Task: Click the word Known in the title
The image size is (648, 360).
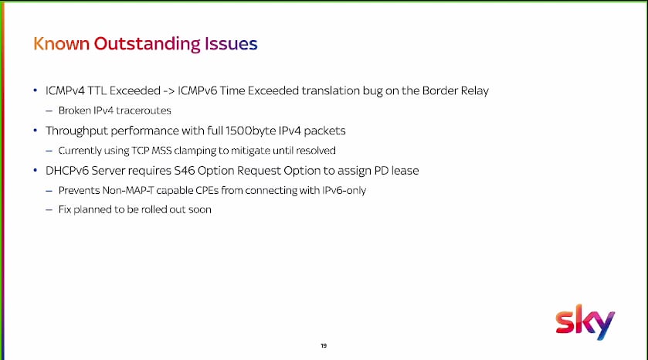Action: point(61,43)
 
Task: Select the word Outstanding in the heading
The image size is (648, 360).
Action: point(147,44)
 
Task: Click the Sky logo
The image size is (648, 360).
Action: point(585,322)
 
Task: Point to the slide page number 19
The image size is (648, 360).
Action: point(324,345)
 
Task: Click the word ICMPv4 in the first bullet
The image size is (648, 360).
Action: point(65,90)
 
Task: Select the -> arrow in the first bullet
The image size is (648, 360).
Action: point(168,91)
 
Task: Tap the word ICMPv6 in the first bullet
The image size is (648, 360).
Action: point(198,90)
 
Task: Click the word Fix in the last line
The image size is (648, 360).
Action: point(65,209)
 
